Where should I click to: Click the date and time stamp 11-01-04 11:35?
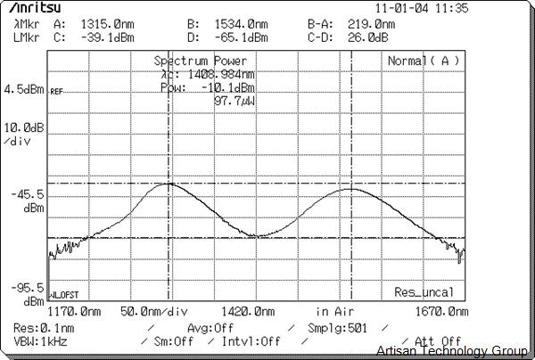point(421,8)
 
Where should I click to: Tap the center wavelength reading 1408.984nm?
point(215,75)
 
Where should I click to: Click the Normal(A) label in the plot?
point(424,61)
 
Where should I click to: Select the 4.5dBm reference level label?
point(23,89)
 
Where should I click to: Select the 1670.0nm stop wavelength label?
point(440,312)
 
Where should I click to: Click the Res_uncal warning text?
point(424,292)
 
